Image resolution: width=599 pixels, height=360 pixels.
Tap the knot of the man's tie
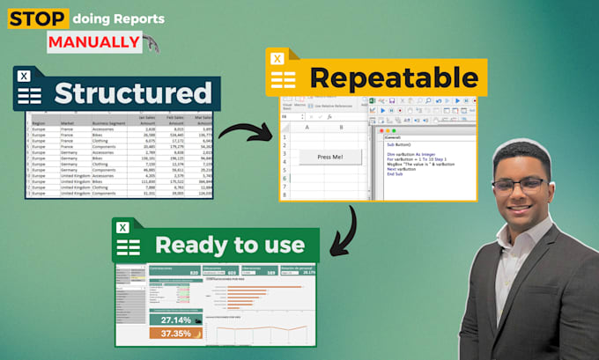coord(525,242)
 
